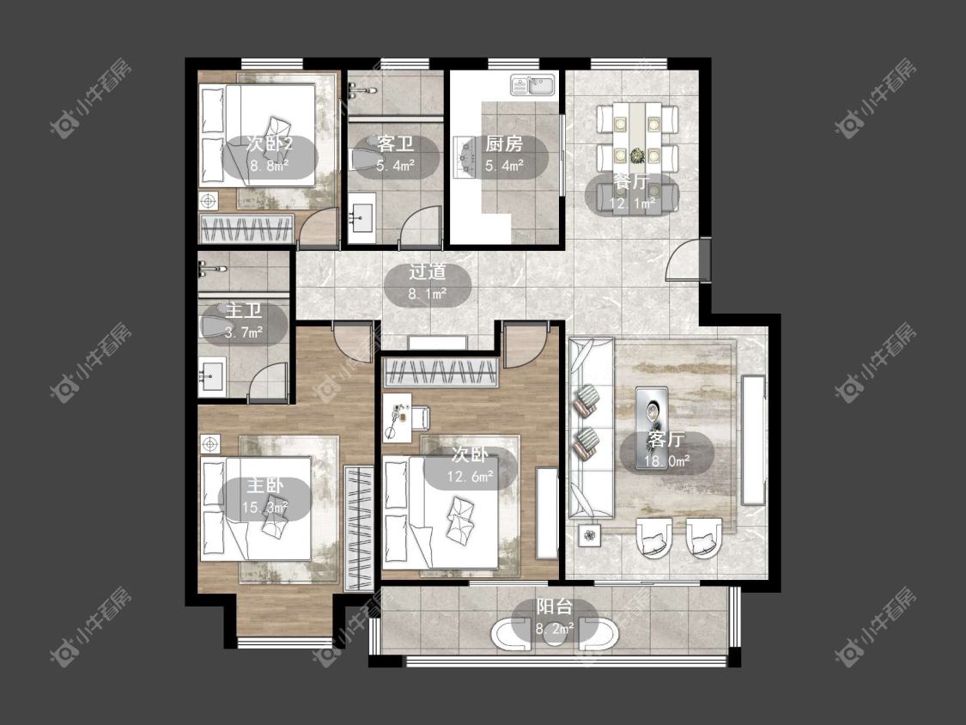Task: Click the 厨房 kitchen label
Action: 504,144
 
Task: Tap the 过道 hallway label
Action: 427,272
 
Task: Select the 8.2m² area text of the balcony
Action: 555,629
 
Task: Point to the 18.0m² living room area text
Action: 666,460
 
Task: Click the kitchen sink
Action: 533,85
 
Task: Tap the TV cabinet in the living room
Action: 753,440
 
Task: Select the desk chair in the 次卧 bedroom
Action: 420,418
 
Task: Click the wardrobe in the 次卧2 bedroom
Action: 246,228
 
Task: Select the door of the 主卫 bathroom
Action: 269,382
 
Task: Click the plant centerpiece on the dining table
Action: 637,155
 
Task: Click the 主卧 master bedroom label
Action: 265,486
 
